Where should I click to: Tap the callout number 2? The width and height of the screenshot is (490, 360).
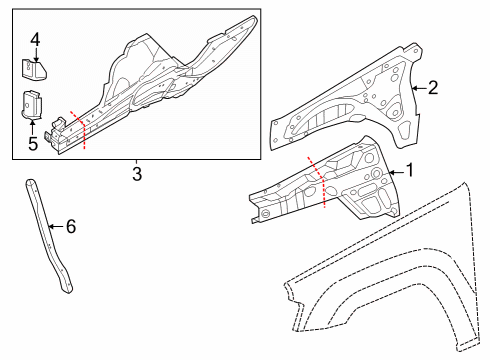tap(433, 88)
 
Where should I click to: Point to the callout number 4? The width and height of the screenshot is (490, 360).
tap(34, 40)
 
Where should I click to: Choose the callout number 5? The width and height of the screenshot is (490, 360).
tap(34, 143)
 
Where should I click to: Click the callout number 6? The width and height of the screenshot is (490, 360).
tap(69, 226)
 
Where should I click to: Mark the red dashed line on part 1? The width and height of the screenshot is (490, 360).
tap(319, 182)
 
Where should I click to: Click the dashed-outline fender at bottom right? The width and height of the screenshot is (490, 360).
tap(400, 290)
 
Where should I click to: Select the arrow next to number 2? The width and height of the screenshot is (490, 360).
tap(417, 89)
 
